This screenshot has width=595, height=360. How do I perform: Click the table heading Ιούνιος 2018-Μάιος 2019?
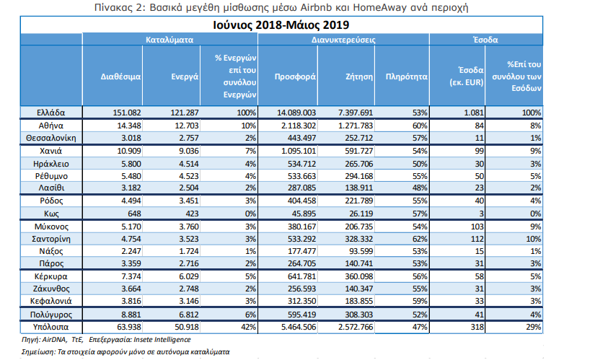coord(281,25)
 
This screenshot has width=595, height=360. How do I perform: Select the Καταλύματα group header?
coord(169,40)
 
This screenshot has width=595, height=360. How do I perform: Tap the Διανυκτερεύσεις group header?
coord(343,40)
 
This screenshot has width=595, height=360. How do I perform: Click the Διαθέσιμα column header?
coord(120,76)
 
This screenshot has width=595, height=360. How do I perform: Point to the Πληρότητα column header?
coord(407,76)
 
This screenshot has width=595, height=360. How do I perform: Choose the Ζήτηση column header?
coord(359,76)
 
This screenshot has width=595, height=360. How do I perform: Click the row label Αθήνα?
coord(51,126)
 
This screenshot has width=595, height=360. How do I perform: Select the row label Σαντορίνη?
coord(51,239)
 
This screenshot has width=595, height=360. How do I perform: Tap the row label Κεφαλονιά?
coord(51,301)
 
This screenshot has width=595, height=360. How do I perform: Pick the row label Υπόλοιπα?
coord(51,327)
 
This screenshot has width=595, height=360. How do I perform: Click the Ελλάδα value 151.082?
coord(127,113)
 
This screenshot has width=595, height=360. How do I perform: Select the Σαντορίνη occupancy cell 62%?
coord(420,239)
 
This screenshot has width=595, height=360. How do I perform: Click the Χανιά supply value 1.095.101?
coord(299,151)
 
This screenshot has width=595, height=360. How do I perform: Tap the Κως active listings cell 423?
coord(192,214)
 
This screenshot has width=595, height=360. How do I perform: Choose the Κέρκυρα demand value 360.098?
coord(359,276)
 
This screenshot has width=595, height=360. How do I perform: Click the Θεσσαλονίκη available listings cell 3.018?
coord(131,138)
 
